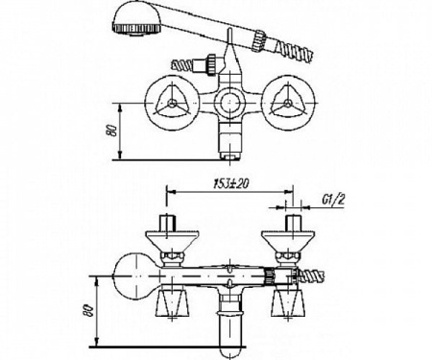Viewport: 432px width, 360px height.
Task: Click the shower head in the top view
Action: [x=137, y=18]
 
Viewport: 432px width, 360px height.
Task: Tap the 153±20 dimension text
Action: [x=231, y=183]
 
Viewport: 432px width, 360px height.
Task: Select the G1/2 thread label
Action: [x=333, y=200]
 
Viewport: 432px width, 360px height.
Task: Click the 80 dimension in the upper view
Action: [x=113, y=131]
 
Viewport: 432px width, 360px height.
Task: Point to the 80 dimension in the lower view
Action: [x=90, y=310]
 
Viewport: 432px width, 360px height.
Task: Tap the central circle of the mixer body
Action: [x=230, y=103]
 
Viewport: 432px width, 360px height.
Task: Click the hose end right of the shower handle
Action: [x=295, y=52]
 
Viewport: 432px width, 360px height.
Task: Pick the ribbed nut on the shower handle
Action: [x=259, y=40]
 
